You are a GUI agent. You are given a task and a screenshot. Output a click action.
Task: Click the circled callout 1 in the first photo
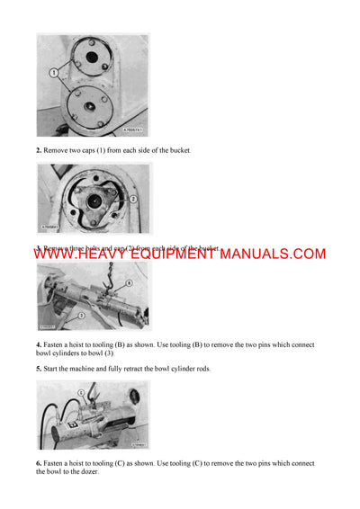click(53, 71)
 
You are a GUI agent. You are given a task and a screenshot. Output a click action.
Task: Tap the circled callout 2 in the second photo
click(132, 198)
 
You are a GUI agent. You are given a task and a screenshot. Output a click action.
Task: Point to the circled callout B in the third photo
click(129, 283)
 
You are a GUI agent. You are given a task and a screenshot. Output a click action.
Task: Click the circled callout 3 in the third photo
click(81, 316)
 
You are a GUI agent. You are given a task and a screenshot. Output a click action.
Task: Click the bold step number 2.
click(39, 149)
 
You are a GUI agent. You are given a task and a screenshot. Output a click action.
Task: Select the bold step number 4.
click(39, 345)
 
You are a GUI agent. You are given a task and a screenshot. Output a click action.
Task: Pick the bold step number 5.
click(39, 369)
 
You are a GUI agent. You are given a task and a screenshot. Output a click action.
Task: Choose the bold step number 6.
click(39, 463)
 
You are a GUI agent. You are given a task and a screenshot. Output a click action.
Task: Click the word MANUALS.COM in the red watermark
click(272, 254)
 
